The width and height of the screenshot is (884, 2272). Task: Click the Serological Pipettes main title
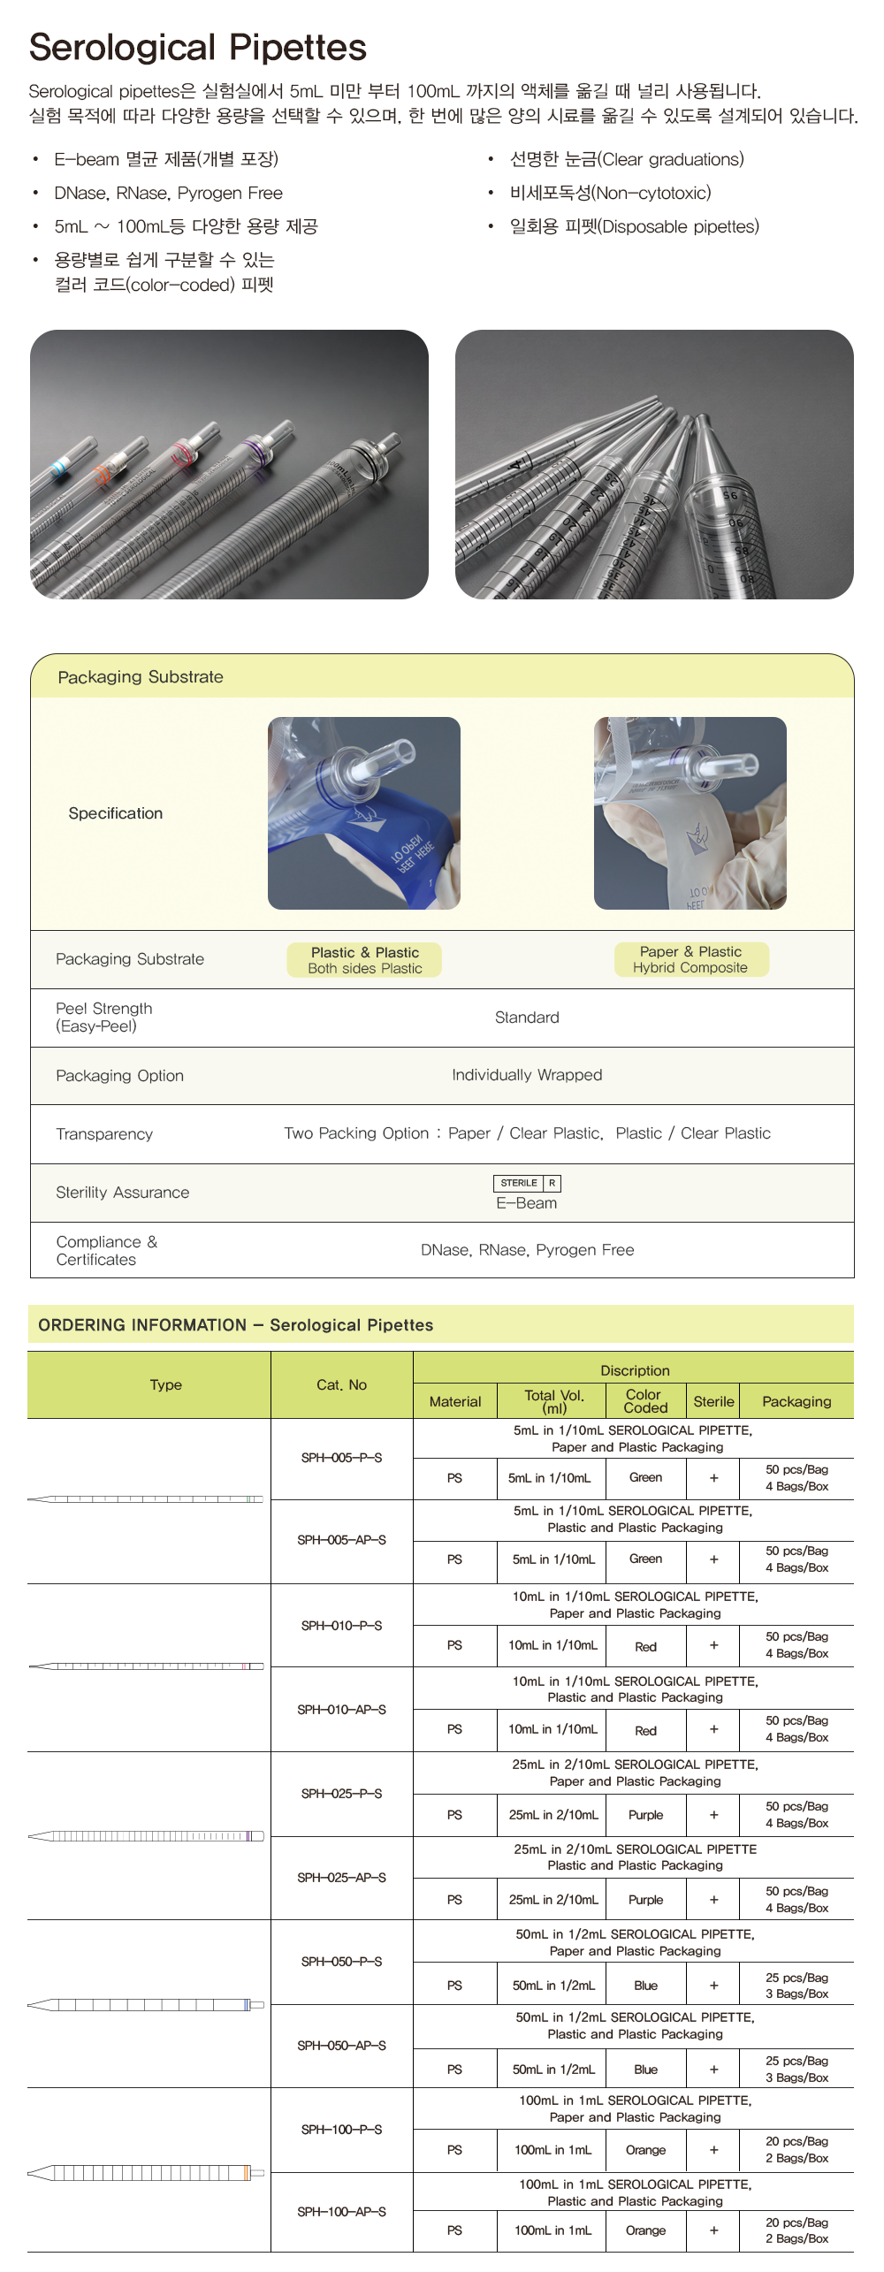click(197, 48)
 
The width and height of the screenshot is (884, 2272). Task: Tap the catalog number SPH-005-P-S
click(341, 1458)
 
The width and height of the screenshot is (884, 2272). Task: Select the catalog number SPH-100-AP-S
click(341, 2211)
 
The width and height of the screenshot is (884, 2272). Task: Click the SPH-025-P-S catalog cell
click(341, 1793)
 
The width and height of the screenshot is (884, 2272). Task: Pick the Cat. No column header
click(341, 1384)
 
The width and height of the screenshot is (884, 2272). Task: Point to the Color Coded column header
click(645, 1400)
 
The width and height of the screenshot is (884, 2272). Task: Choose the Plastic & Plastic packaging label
click(364, 960)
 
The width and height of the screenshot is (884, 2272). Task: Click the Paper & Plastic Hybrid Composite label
click(690, 959)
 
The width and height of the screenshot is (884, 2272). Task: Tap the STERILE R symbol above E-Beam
click(526, 1183)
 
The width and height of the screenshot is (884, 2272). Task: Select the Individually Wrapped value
click(527, 1075)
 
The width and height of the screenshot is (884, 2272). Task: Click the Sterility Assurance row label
click(122, 1193)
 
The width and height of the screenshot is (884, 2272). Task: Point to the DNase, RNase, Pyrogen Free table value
click(527, 1250)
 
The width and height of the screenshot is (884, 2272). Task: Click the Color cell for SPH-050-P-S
click(645, 1986)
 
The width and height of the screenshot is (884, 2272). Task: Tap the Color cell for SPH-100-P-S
click(645, 2150)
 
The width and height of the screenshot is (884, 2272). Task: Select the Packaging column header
click(796, 1401)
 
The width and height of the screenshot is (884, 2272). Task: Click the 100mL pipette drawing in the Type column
click(146, 2172)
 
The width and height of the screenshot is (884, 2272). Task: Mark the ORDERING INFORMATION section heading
click(235, 1325)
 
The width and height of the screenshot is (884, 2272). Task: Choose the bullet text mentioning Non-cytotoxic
click(610, 193)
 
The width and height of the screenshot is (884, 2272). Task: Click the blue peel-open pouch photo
click(364, 813)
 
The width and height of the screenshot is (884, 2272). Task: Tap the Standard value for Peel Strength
click(527, 1018)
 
